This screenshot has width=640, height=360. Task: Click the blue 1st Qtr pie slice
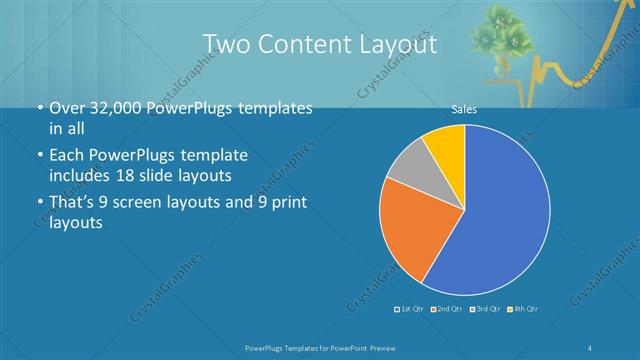coord(500,215)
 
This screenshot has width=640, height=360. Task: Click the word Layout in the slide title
coord(393,45)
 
